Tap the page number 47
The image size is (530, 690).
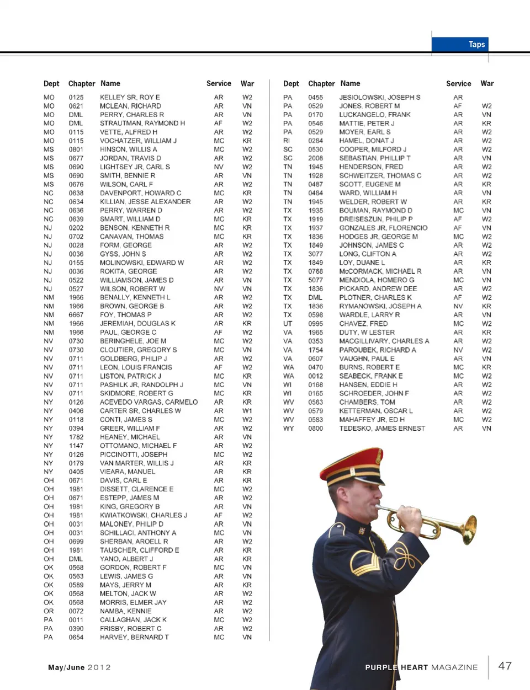coord(505,666)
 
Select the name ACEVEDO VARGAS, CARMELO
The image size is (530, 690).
coord(149,402)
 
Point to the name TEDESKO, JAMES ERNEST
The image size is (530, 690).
coord(382,428)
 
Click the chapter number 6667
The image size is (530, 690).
coord(76,315)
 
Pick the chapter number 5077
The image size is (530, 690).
coord(316,280)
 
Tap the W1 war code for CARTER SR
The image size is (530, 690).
coord(247,411)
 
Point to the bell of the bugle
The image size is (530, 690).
coord(469,529)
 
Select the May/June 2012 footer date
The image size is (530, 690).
coord(79,667)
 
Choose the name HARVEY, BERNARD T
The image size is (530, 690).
coord(134,637)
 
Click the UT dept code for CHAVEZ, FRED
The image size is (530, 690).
coord(288,324)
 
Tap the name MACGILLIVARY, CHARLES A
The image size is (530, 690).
coord(384,341)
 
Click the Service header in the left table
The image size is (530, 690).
coord(219,84)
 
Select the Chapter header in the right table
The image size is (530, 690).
coord(321,84)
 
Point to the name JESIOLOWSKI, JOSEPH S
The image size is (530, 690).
coord(379,97)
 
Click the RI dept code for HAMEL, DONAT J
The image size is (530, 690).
coord(287,141)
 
